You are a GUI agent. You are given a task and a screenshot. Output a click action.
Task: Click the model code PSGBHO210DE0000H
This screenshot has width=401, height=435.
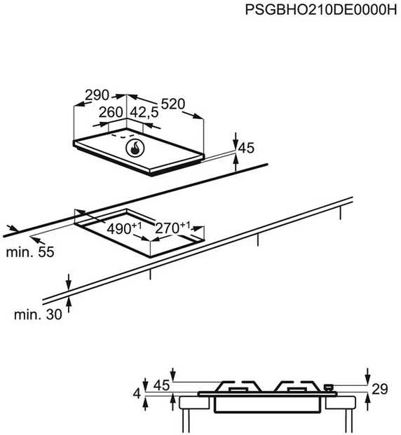tap(321, 11)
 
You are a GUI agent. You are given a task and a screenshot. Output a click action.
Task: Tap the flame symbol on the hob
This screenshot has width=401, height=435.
tap(135, 148)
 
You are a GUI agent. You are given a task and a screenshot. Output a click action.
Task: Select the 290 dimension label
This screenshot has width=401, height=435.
tap(97, 95)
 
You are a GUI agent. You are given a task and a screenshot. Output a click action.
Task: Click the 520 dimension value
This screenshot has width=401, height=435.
tap(172, 104)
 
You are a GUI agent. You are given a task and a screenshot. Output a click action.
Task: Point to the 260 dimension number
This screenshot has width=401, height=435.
tap(111, 112)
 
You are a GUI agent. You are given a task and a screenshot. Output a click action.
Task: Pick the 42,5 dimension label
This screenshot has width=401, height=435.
tap(144, 113)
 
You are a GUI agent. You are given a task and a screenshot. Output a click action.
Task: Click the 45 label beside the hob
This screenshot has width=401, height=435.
tap(247, 148)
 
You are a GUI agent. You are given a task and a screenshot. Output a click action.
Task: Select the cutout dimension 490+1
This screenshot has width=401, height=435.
tap(124, 228)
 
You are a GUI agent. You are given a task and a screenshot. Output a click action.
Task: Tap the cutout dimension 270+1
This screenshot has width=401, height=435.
tap(172, 228)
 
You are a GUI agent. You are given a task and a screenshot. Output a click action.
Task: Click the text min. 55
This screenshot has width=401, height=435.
tap(30, 252)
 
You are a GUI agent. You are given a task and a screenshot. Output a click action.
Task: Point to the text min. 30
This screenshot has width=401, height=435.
tap(38, 315)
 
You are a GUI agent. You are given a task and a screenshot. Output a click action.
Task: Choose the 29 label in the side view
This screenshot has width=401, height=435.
tap(379, 389)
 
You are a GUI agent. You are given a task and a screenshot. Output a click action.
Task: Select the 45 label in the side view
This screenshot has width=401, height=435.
tap(161, 385)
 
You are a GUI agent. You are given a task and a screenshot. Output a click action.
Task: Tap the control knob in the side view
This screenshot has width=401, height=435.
tap(329, 387)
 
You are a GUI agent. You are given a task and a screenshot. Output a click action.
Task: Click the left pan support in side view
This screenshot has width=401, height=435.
tap(240, 386)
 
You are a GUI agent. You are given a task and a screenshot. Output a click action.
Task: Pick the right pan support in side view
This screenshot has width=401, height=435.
tap(297, 386)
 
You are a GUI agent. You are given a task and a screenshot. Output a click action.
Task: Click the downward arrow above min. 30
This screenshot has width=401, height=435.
tap(69, 281)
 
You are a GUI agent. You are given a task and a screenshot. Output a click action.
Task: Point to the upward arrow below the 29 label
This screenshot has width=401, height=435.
tap(368, 402)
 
